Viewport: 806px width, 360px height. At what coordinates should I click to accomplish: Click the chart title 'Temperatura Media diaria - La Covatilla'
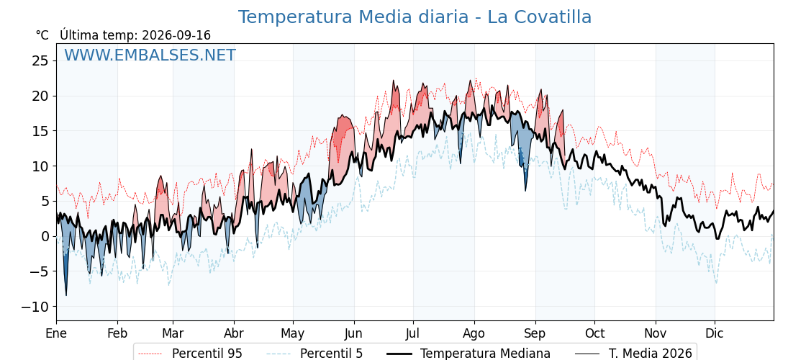point(415,17)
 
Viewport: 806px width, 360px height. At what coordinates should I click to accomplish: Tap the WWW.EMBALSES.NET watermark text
point(150,55)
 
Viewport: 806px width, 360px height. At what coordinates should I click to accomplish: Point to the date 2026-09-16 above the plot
point(176,35)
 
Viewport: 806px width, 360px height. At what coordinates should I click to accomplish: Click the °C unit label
point(42,35)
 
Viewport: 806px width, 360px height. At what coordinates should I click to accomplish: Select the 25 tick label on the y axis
point(39,61)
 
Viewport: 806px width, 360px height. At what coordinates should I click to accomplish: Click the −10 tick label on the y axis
point(35,307)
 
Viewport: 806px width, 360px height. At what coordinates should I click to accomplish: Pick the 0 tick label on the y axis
point(45,237)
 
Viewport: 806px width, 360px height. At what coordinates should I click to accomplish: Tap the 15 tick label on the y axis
point(39,131)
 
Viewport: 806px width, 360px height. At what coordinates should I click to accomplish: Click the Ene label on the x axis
point(57,333)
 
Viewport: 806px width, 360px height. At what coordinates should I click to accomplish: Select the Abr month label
point(234,333)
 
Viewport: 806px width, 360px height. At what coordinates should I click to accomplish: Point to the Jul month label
point(413,333)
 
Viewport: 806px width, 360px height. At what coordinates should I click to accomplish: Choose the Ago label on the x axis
point(474,334)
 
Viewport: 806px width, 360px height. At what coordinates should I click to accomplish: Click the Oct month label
point(594,333)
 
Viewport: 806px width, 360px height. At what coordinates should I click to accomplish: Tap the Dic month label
point(715,333)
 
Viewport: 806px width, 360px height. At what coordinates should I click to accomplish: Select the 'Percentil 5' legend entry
point(314,354)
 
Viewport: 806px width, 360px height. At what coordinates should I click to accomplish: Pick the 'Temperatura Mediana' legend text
point(485,354)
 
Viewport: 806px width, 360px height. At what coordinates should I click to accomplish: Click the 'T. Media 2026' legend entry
point(651,354)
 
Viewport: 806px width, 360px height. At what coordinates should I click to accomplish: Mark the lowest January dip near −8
point(65,295)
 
